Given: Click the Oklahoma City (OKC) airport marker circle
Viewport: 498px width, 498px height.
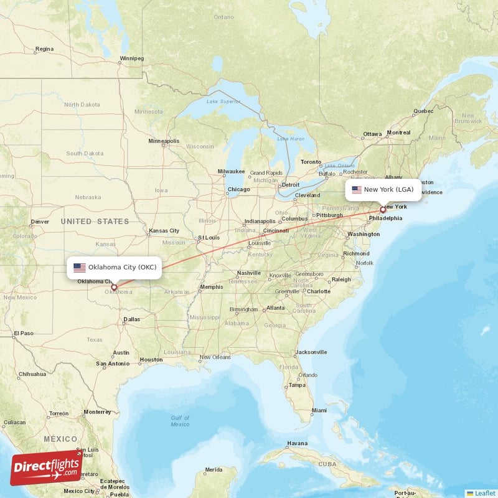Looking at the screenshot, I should [x=114, y=287].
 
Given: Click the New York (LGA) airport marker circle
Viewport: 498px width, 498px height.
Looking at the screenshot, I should [x=383, y=210].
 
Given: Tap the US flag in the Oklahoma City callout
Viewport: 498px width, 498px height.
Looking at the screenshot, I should [x=80, y=268].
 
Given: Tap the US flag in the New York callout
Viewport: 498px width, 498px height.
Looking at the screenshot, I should [x=357, y=190].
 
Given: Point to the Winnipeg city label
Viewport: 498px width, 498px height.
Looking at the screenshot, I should [x=131, y=59].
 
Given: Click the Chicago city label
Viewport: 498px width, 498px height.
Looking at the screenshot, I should [x=238, y=189].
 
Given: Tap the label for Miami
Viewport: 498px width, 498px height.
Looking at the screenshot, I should [x=319, y=410].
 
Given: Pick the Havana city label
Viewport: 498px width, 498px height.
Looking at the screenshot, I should [x=297, y=444].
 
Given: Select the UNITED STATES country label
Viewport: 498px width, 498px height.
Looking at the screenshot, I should [x=95, y=222].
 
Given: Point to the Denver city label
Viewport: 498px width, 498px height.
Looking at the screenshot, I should [x=39, y=222].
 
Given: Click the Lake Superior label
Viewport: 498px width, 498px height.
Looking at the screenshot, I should [x=223, y=101].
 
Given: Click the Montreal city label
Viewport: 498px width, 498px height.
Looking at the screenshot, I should [x=398, y=133].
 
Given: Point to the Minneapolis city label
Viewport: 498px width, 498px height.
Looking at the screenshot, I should [x=164, y=141].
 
